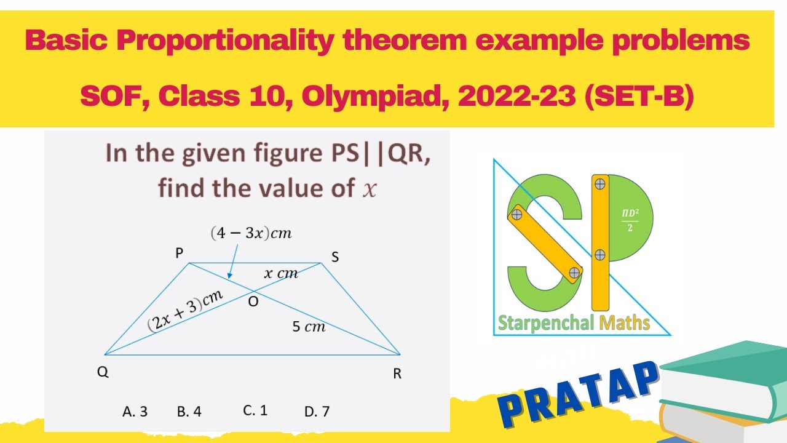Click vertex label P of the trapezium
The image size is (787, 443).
coord(180,252)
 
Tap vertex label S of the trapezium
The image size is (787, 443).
coord(335,258)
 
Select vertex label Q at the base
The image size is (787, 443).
coord(103,372)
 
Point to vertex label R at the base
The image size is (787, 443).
coord(397,373)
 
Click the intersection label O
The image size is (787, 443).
coord(252,301)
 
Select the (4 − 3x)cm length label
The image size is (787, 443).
coord(250,233)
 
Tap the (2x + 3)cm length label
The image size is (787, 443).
coord(184,311)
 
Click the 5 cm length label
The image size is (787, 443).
coord(309,327)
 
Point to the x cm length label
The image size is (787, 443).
coord(281,273)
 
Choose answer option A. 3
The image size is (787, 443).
coord(135,412)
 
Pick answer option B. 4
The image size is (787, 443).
coord(189,412)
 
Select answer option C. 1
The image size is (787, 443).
coord(255,410)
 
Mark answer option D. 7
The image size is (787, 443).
coord(317,412)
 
